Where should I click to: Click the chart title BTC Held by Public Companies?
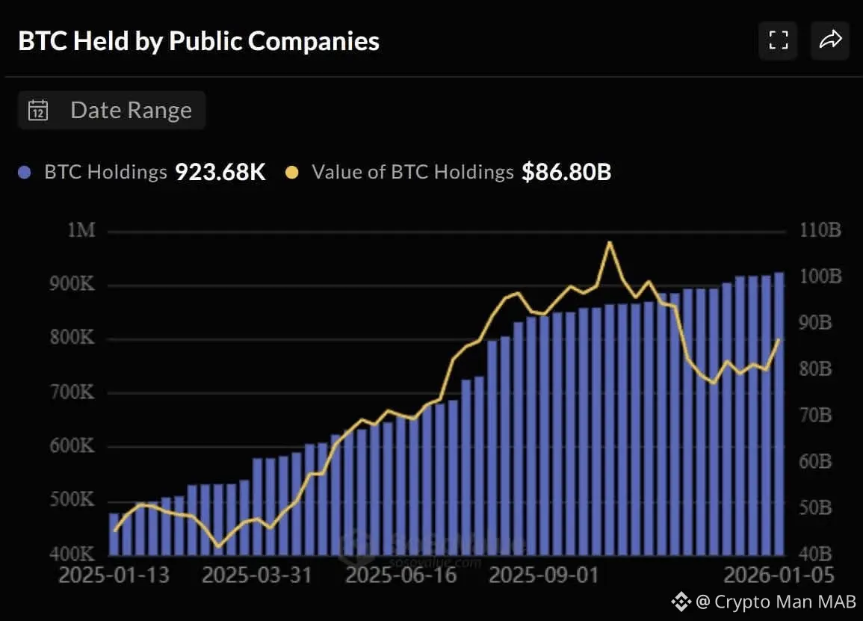point(199,41)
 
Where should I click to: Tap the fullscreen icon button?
point(779,40)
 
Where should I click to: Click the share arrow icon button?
point(830,40)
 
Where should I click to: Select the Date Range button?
point(112,111)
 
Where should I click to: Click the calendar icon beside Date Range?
point(38,111)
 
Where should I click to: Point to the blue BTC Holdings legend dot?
point(25,173)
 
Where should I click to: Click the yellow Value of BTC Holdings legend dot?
point(292,173)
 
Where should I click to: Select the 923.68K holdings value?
point(220,173)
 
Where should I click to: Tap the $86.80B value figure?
point(566,173)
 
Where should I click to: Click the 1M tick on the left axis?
point(81,230)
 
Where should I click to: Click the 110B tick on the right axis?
point(820,230)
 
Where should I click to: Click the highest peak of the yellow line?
point(610,242)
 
